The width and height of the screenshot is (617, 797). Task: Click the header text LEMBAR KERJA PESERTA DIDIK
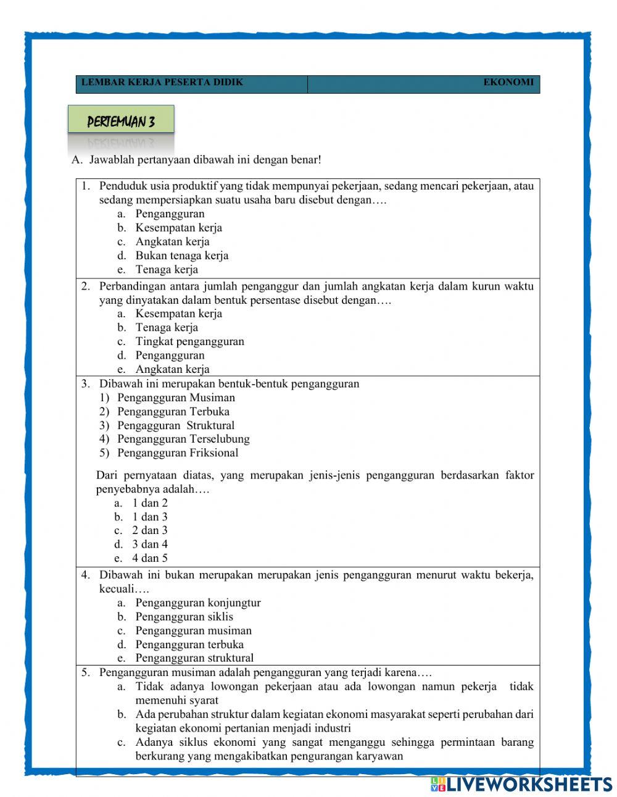[x=162, y=82]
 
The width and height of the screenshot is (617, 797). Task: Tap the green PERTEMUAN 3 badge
[x=121, y=122]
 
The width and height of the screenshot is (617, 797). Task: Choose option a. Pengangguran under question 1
[x=170, y=214]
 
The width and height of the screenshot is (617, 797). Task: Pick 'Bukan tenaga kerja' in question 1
[x=181, y=255]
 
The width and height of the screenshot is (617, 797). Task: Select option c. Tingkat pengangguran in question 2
[x=189, y=341]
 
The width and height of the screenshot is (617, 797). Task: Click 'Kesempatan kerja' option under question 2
[x=178, y=314]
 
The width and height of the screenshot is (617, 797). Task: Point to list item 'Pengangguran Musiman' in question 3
[x=176, y=398]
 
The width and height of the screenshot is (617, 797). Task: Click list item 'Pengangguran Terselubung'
[x=183, y=439]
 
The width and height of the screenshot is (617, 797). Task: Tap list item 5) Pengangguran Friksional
[x=177, y=453]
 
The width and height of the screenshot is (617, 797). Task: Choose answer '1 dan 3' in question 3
[x=150, y=517]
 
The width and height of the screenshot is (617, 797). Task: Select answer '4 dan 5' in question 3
[x=150, y=558]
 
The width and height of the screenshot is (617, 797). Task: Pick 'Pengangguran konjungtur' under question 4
[x=197, y=603]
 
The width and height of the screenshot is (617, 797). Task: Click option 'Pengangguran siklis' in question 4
[x=184, y=616]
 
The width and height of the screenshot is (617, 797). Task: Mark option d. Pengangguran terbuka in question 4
[x=189, y=644]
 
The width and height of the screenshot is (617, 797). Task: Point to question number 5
[x=85, y=672]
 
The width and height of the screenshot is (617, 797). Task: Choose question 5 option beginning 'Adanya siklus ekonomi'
[x=334, y=742]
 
